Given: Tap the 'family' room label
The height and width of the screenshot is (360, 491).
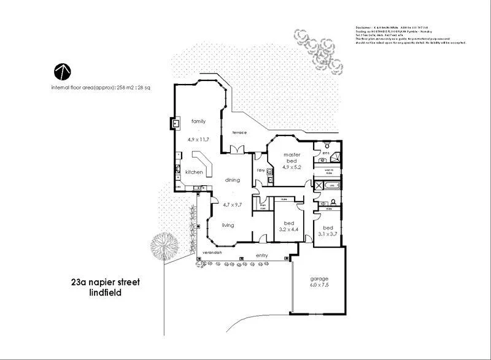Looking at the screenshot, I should [198, 121].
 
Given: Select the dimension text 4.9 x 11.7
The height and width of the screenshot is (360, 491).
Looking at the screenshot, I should [198, 139].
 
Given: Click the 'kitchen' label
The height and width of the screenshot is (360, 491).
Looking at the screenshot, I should [194, 172].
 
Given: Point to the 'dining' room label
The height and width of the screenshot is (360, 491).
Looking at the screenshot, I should [232, 180].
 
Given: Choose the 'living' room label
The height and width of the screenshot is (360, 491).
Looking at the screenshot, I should [228, 225].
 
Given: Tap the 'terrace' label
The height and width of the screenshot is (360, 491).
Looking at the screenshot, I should [239, 132].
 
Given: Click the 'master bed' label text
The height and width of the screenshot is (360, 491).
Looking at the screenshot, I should [291, 158].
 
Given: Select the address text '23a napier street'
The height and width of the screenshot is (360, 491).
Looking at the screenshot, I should [106, 282].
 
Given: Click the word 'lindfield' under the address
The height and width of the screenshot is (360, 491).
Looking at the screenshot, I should [106, 293].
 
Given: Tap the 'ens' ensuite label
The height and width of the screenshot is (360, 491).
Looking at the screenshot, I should [326, 153].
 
